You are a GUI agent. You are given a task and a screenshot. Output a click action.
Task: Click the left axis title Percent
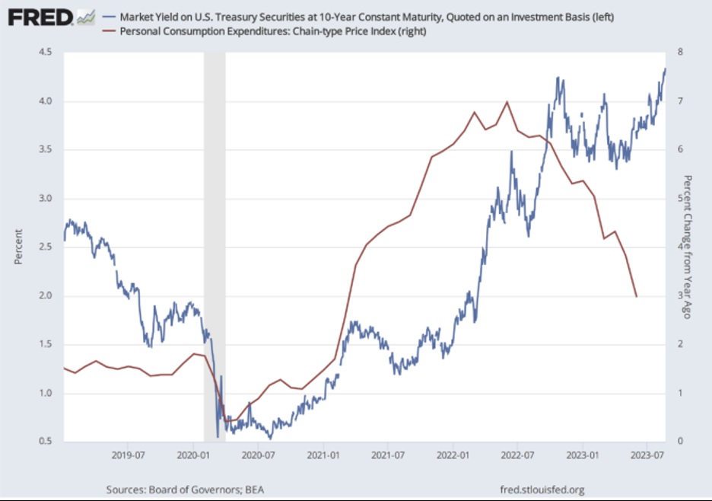pos(18,247)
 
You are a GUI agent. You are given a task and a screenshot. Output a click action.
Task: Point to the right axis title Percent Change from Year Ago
pos(687,247)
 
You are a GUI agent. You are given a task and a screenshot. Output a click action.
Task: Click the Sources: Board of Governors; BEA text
pos(186,489)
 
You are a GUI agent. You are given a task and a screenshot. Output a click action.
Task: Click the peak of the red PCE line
pos(507,101)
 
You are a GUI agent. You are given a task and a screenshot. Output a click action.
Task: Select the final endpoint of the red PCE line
pos(636,296)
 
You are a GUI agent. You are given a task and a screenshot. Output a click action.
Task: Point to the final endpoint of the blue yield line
pos(665,69)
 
